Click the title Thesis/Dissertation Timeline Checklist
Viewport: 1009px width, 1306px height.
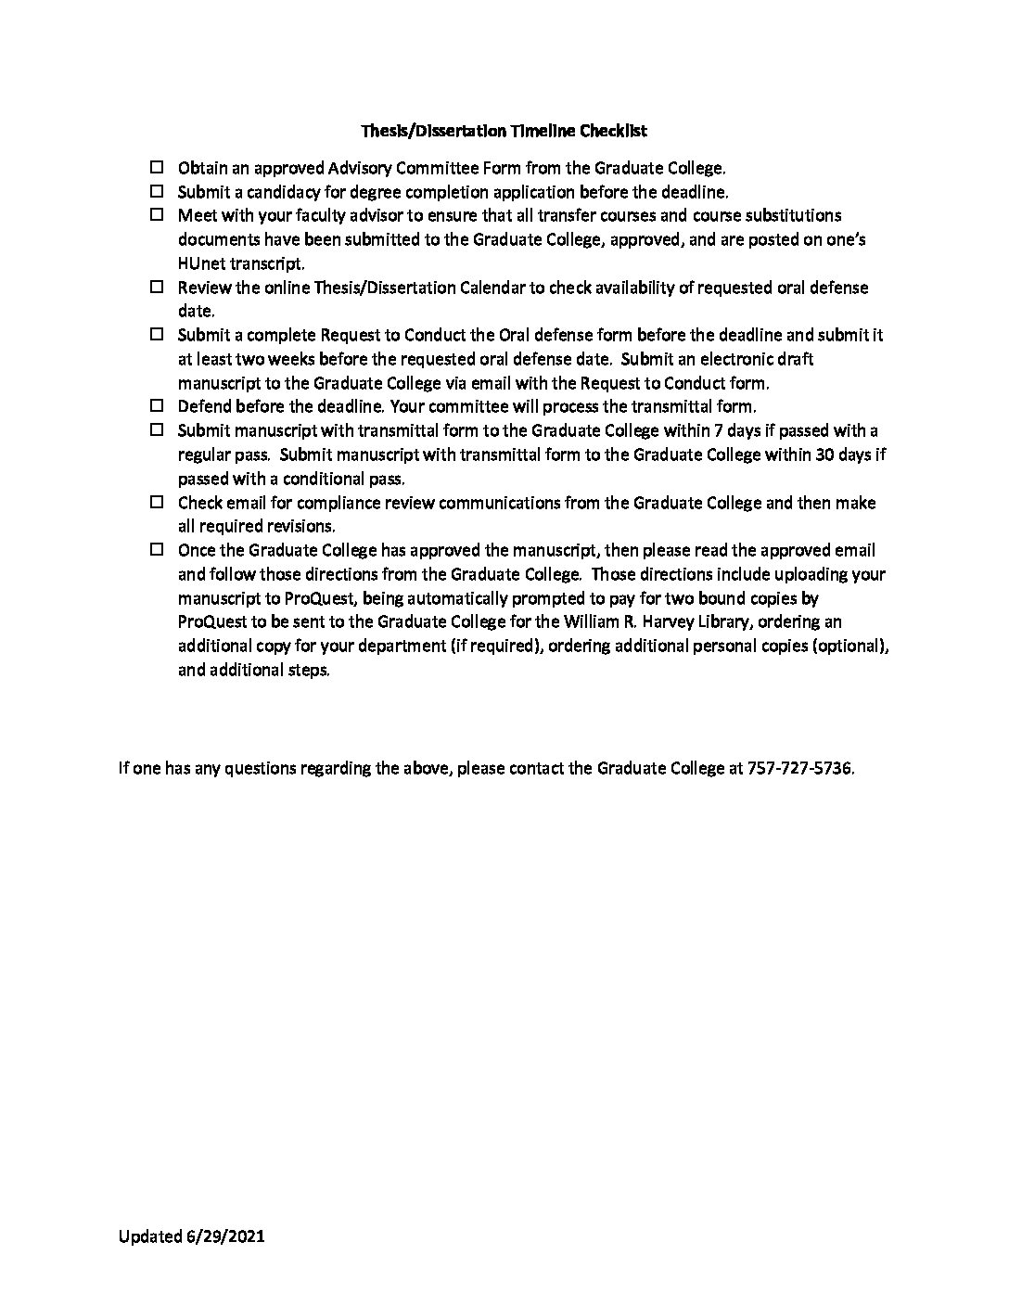click(x=504, y=131)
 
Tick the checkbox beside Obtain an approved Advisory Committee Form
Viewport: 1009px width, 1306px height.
click(x=157, y=168)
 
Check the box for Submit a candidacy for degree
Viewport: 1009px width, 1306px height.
click(x=157, y=192)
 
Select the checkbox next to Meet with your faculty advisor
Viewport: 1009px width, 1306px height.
click(x=157, y=215)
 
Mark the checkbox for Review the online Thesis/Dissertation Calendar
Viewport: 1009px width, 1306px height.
click(x=157, y=288)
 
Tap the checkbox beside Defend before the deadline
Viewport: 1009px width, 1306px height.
click(x=157, y=406)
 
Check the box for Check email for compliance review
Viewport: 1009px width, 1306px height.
click(x=157, y=503)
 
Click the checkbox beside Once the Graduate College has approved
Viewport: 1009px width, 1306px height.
click(x=157, y=550)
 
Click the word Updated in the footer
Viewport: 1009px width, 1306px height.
click(x=148, y=1236)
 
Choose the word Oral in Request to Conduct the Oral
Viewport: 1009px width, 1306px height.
click(x=515, y=335)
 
